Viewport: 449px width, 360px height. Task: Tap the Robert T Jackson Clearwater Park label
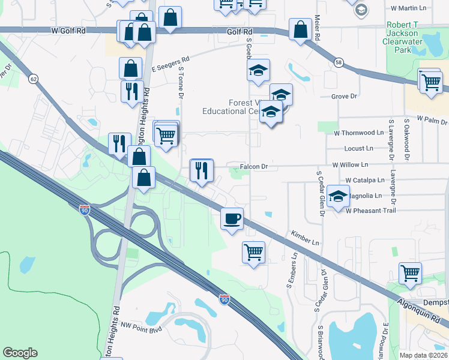tap(406, 37)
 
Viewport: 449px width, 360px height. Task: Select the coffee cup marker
tap(232, 218)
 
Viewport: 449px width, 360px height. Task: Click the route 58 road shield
tap(339, 62)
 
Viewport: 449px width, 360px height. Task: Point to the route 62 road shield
tap(33, 78)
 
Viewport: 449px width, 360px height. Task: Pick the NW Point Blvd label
tap(142, 328)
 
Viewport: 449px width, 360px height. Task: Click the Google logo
tap(20, 353)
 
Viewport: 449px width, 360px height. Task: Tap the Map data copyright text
tap(424, 355)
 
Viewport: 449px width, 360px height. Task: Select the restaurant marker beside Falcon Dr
tap(202, 170)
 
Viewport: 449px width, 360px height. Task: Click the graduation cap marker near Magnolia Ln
tap(339, 196)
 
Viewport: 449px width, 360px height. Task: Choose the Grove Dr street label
tap(344, 96)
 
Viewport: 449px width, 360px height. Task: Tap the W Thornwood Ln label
tap(358, 132)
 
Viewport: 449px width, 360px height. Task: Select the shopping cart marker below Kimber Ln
tap(254, 252)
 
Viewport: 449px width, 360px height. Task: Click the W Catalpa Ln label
tap(364, 180)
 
